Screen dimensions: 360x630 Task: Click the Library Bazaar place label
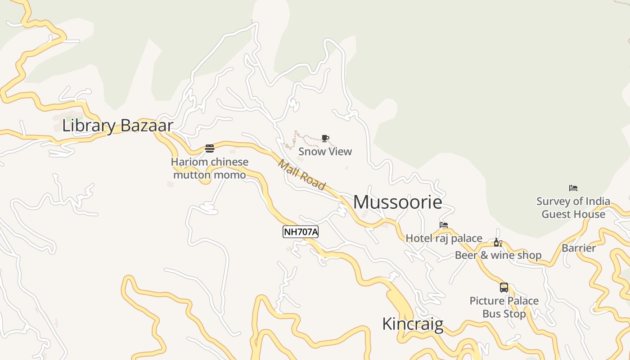(x=117, y=126)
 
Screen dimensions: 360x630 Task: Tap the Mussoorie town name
(x=397, y=202)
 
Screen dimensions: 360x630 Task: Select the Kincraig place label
(x=413, y=324)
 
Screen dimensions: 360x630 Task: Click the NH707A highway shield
(x=301, y=232)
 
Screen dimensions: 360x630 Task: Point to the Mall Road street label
(x=301, y=175)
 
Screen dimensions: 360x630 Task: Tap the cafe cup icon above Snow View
(x=325, y=138)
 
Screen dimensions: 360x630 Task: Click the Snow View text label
(x=325, y=152)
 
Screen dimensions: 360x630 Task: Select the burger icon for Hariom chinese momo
(x=210, y=148)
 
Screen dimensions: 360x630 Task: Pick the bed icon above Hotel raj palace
(x=444, y=225)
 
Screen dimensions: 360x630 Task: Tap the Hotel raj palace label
(x=444, y=238)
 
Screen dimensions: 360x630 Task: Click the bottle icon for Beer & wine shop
(x=498, y=243)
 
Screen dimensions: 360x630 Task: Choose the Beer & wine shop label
(x=498, y=255)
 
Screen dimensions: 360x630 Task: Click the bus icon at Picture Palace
(x=504, y=287)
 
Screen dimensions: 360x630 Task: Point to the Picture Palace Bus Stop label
(x=504, y=307)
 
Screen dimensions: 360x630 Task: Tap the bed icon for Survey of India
(x=573, y=188)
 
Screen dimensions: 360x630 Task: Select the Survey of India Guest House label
(x=573, y=207)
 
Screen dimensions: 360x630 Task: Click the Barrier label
(x=579, y=248)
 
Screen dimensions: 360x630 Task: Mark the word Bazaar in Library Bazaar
(x=147, y=126)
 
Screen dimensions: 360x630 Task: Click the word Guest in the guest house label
(x=556, y=214)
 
